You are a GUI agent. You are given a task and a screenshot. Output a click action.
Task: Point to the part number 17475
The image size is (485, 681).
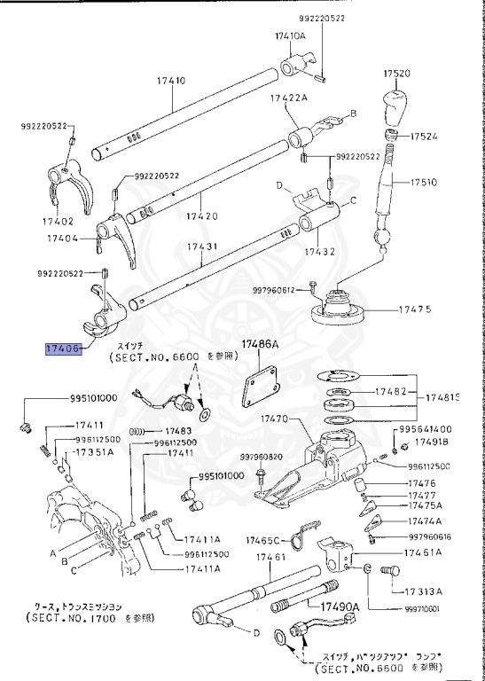coord(414,309)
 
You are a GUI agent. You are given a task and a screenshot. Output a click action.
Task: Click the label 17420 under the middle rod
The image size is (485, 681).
coord(202,215)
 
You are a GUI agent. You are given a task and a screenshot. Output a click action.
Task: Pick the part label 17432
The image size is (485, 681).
coord(319,251)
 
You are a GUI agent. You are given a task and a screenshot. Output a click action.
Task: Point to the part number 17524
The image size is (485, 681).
coord(426,137)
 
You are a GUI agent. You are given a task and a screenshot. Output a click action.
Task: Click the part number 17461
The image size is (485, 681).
coord(270,557)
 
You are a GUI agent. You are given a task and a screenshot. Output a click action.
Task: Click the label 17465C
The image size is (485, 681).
coord(263,539)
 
